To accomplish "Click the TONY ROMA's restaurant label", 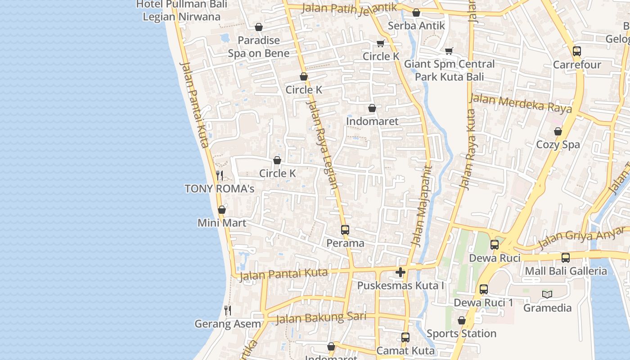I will click(220, 189).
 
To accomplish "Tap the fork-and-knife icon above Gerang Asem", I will click(228, 310).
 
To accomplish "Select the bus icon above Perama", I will click(345, 230).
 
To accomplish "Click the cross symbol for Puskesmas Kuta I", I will click(400, 272).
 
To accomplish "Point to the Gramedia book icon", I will click(547, 294).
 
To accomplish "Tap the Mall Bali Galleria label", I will click(566, 271).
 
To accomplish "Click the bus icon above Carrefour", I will click(577, 51).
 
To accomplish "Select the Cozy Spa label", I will click(558, 144).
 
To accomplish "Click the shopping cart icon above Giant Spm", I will click(449, 51).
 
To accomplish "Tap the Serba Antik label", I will click(416, 26).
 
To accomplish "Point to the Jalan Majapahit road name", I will click(421, 207).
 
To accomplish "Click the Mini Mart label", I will click(222, 223).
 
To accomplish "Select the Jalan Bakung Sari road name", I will click(320, 318).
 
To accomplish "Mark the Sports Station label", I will click(461, 333).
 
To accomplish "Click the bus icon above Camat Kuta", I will click(405, 337).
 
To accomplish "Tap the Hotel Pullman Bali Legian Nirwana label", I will click(181, 10).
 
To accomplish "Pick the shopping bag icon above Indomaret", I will click(372, 108).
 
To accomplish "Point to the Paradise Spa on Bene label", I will click(259, 47).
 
